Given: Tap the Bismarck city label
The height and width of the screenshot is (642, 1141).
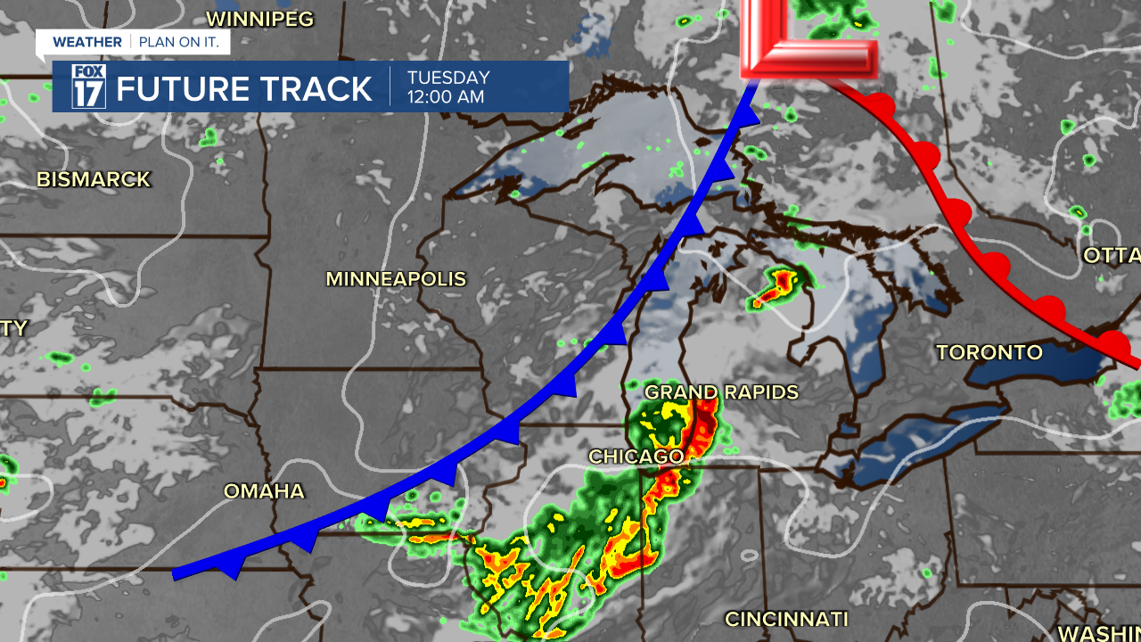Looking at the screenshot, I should point(94,179).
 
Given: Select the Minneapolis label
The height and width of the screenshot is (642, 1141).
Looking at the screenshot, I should point(396,279).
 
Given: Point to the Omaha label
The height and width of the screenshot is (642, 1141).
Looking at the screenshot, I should point(264,491).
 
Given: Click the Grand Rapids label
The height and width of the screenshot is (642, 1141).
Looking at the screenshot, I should point(721,392).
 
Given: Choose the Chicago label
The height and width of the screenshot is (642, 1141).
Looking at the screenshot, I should point(636,457).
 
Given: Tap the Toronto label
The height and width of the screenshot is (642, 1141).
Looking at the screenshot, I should point(989,352).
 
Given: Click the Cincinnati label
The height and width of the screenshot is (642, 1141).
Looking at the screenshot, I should point(785,619).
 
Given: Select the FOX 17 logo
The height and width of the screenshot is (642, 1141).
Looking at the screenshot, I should point(88,86).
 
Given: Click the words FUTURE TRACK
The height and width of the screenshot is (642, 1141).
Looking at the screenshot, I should point(244,89).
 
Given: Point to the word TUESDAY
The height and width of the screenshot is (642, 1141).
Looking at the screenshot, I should point(448,78).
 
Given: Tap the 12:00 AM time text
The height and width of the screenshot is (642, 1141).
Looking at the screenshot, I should point(446,97).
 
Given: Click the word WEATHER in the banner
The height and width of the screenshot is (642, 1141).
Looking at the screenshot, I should point(87,42).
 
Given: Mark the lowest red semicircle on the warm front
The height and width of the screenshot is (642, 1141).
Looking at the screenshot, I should point(1112,342).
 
